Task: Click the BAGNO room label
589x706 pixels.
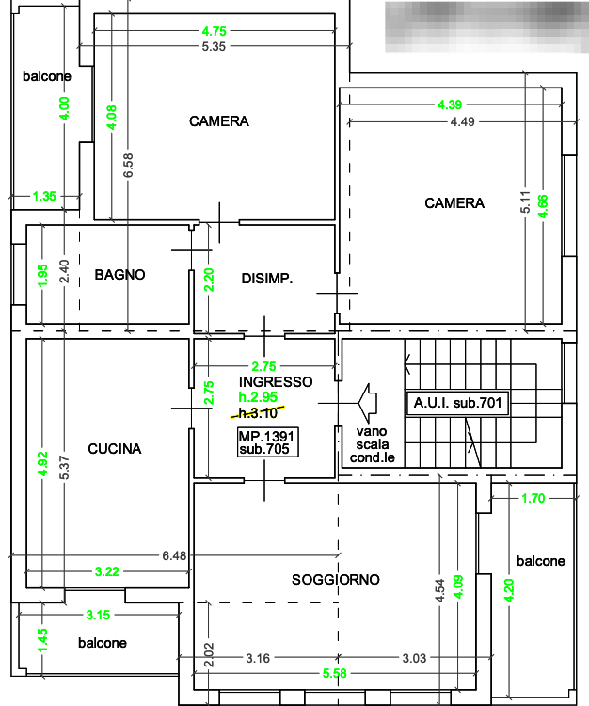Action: (x=119, y=276)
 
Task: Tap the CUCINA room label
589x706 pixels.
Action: (x=115, y=450)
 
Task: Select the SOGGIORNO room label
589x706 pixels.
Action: (x=335, y=581)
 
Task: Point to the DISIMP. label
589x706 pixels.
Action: (x=266, y=279)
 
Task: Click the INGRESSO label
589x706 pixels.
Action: (x=276, y=383)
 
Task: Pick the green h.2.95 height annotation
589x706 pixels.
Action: (x=259, y=398)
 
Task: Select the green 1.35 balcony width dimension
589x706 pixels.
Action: (x=44, y=197)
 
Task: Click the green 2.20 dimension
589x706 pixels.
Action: (x=209, y=278)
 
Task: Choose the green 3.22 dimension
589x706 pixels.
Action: (x=107, y=571)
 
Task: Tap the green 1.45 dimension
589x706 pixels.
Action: (x=41, y=637)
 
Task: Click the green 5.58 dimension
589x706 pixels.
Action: (x=334, y=673)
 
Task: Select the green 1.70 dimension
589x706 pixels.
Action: (x=532, y=499)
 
